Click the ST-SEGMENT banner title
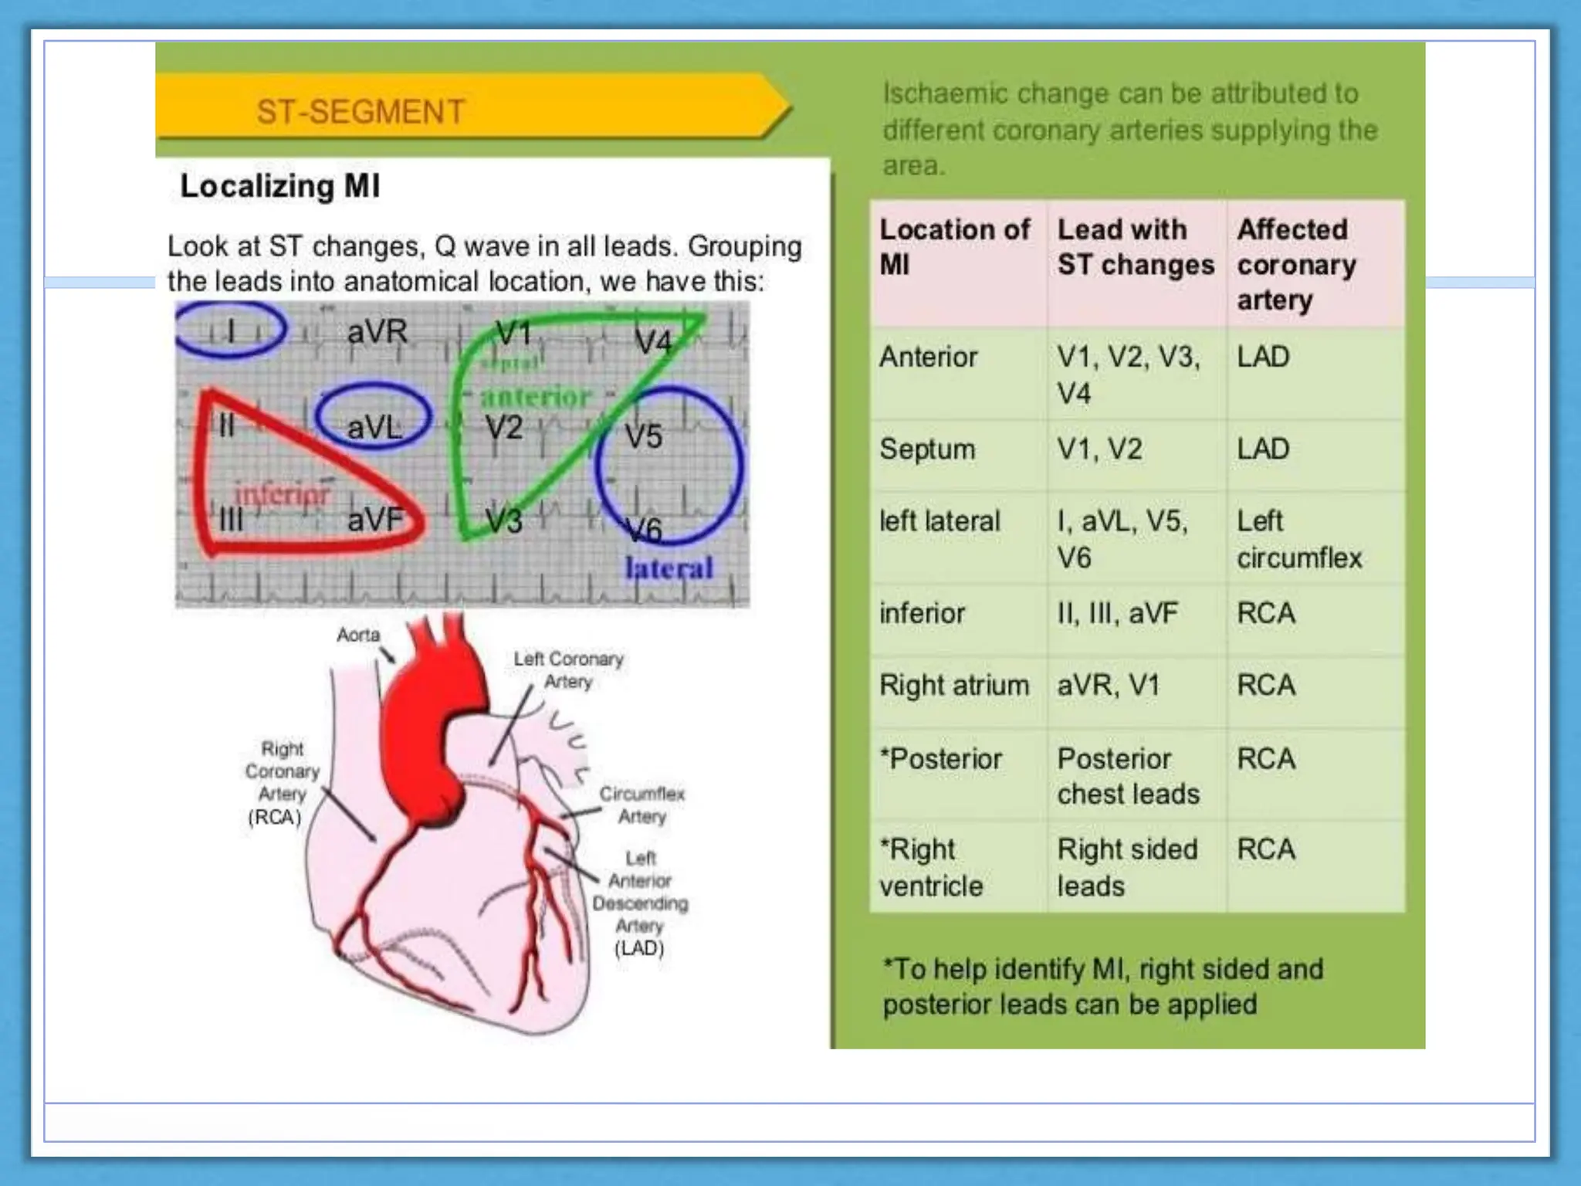tap(361, 112)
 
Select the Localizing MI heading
tap(279, 186)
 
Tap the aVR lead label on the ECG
tap(377, 332)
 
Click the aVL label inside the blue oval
tap(374, 427)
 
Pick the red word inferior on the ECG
tap(282, 494)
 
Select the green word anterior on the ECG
tap(536, 397)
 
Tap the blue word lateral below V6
tap(669, 568)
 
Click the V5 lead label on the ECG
tap(643, 436)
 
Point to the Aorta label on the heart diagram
tap(358, 635)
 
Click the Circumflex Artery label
tap(642, 805)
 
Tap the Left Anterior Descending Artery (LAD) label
tap(640, 903)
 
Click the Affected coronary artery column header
tap(1296, 264)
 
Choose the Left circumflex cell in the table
tap(1299, 539)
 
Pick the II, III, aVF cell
tap(1117, 613)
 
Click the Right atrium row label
tap(954, 685)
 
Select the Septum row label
tap(927, 449)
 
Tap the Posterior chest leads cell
tap(1128, 776)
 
